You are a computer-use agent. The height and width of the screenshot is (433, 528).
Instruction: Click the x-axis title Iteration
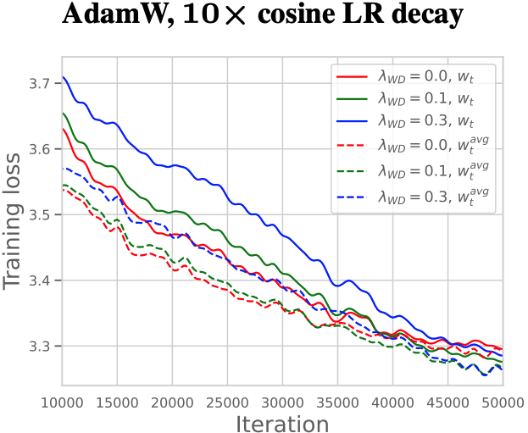pyautogui.click(x=283, y=422)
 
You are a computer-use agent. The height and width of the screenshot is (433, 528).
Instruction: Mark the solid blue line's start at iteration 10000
pyautogui.click(x=63, y=77)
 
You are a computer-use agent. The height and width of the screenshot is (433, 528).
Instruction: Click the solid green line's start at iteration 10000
pyautogui.click(x=63, y=113)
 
